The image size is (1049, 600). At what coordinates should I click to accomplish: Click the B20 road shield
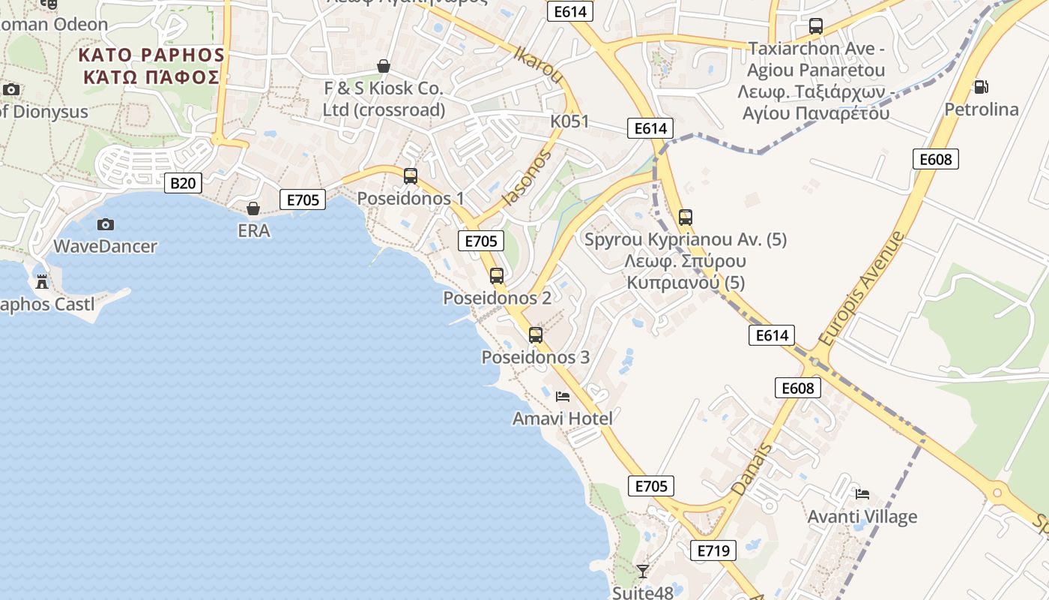tap(184, 182)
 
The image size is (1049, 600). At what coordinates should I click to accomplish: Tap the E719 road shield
tap(713, 550)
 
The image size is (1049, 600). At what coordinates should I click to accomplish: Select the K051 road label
tap(569, 121)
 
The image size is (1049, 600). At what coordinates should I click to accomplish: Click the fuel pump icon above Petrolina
tap(980, 87)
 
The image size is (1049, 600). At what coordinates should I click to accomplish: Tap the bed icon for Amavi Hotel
tap(563, 396)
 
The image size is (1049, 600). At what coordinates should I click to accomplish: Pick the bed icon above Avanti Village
tap(862, 493)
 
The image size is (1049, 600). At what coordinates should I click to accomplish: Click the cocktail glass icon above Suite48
tap(642, 571)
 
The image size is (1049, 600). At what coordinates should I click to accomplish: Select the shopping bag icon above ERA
tap(253, 208)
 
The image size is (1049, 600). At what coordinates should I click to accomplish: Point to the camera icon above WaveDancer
tap(106, 223)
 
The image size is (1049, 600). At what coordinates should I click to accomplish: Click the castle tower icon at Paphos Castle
tap(42, 282)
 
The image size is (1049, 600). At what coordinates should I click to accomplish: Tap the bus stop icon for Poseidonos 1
tap(411, 176)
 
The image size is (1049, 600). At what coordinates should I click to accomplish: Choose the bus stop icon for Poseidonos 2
tap(497, 275)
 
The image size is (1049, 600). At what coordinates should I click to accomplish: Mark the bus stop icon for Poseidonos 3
tap(536, 334)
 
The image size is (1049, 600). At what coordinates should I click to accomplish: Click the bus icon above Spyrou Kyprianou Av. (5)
tap(685, 217)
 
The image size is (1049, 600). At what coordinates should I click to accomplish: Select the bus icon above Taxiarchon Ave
tap(816, 26)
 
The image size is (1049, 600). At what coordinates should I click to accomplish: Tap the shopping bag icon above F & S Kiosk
tap(384, 66)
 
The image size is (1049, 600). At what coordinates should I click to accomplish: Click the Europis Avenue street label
tap(862, 289)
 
